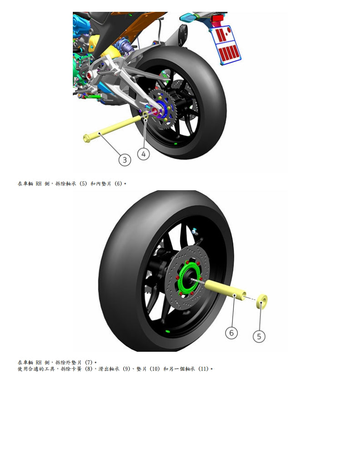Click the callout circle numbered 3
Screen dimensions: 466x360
point(125,160)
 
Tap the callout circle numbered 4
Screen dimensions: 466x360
point(143,154)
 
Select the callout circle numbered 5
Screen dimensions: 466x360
point(259,336)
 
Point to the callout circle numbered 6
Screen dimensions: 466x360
point(231,333)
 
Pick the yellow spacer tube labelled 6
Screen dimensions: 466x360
point(225,290)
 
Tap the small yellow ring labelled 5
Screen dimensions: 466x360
point(262,301)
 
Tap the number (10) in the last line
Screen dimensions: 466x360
point(153,369)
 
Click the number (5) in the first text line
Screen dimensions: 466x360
point(83,183)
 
